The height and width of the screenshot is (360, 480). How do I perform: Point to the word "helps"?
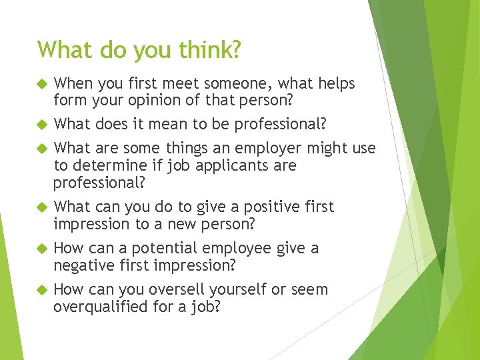coord(334,84)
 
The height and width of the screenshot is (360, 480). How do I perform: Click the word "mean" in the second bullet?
coord(179,125)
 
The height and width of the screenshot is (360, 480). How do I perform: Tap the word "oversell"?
coord(178,290)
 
